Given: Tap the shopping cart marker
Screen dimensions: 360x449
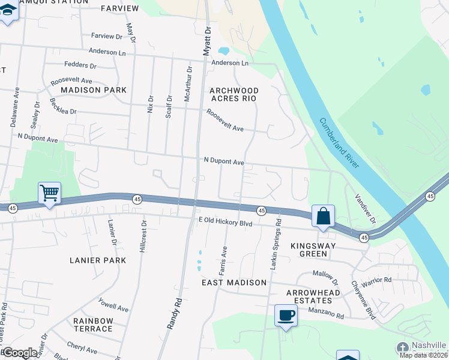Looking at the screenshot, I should tap(49, 194).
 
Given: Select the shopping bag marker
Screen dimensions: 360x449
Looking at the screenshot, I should tap(323, 216).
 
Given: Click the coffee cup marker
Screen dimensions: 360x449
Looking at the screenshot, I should tap(286, 315).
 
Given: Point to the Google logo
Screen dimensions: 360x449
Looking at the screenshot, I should tap(20, 353).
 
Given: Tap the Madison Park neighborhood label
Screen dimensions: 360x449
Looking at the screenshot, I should tap(94, 90).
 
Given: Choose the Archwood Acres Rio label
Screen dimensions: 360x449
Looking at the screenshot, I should tap(233, 94).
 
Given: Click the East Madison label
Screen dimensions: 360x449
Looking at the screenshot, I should tap(234, 283).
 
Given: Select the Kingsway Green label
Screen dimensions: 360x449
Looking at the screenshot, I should tap(309, 250).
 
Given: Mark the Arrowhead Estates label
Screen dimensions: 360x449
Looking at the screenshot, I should tap(309, 296).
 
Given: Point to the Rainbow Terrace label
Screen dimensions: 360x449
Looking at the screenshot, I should tap(93, 325).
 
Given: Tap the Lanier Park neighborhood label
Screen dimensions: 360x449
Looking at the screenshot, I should tap(98, 260).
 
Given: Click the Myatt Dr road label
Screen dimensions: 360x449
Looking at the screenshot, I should tap(207, 41).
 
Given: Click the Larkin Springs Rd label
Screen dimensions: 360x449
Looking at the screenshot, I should tap(275, 244).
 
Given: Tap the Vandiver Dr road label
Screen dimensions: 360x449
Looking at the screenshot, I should tap(364, 209).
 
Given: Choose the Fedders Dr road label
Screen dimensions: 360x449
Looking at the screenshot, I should tap(80, 65).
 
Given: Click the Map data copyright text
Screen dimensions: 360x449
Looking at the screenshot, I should tap(424, 355).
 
